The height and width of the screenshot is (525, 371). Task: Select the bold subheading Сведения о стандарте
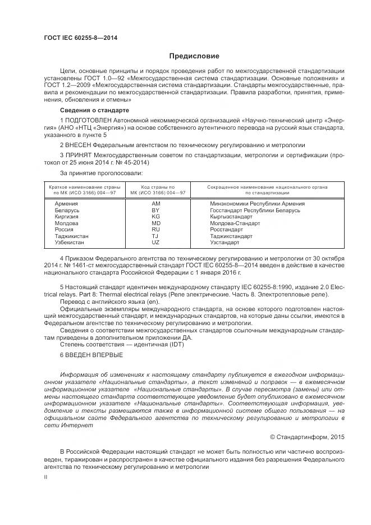tap(94, 110)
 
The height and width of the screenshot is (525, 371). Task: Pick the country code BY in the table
tap(156, 210)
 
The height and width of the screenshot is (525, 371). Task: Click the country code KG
tap(156, 216)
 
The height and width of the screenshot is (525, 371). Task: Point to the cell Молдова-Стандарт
tap(235, 223)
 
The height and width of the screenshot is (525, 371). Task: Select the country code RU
tap(156, 230)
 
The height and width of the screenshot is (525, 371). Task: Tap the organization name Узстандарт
tap(225, 242)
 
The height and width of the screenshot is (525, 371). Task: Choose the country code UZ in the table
tap(156, 242)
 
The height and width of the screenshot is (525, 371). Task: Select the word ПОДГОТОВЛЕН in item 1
tap(90, 121)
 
